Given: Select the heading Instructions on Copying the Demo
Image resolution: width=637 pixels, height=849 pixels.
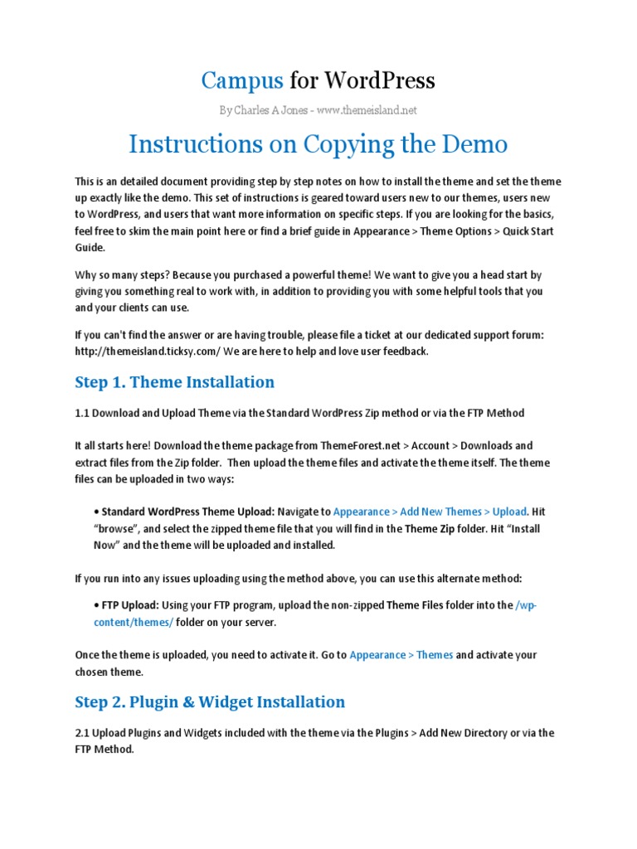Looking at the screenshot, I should [x=318, y=144].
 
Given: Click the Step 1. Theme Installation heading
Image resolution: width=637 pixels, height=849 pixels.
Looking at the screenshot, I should [x=174, y=381].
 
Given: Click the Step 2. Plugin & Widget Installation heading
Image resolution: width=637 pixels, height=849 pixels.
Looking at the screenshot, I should [x=210, y=701].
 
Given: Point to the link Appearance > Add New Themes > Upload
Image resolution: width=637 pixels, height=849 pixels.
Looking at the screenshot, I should [x=430, y=512].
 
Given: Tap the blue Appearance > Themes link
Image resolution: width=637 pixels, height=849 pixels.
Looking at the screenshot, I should [x=401, y=655].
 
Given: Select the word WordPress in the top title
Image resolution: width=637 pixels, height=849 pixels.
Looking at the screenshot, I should [x=379, y=80].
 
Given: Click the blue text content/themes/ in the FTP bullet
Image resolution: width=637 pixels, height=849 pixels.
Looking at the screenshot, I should [x=134, y=622].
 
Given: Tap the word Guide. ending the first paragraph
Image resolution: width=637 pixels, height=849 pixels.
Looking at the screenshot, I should [x=90, y=247].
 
